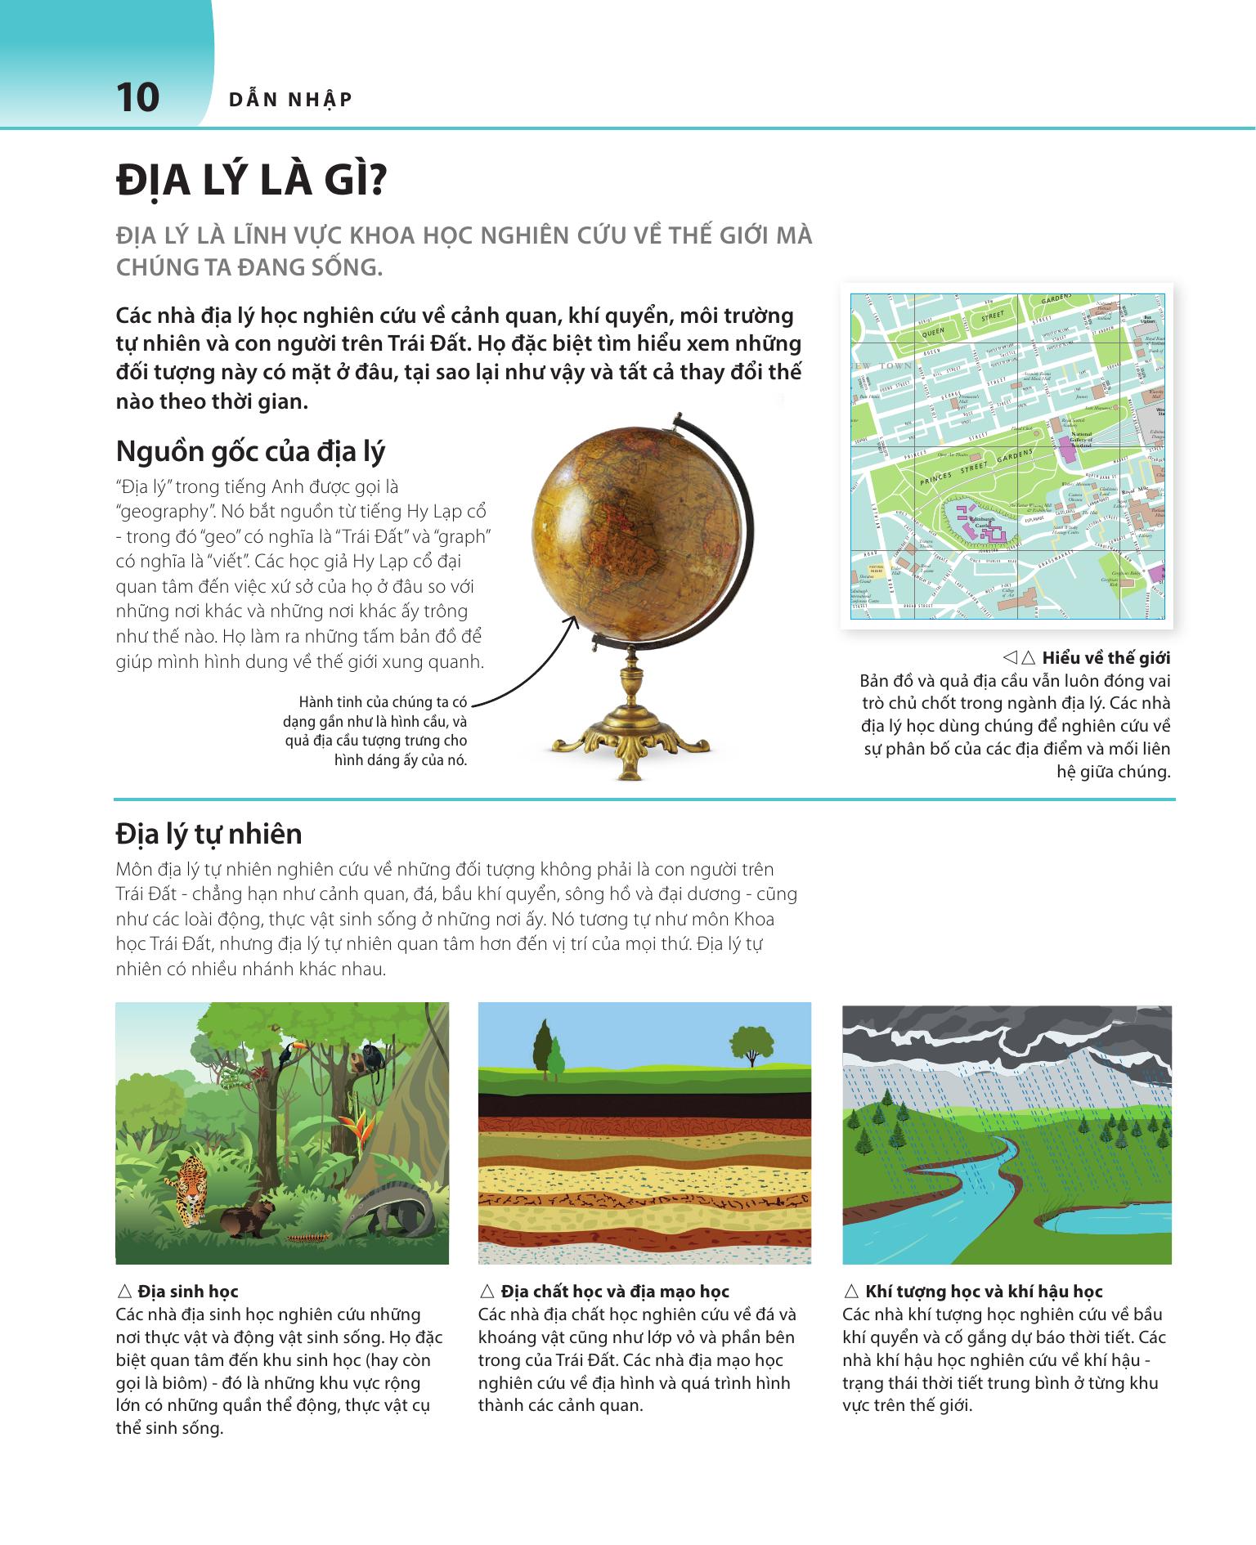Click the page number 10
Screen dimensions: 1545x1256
pos(137,98)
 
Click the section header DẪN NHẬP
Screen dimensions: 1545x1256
pos(290,100)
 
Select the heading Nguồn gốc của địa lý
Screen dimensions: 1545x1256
pos(250,451)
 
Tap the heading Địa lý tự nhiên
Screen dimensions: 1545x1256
pos(209,834)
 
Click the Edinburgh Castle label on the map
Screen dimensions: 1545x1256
pos(980,521)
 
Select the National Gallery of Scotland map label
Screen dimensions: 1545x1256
pos(1081,438)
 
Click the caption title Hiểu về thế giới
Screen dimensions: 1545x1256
pos(1106,658)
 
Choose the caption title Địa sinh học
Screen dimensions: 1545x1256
pos(188,1292)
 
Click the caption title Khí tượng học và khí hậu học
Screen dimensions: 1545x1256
pos(984,1292)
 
